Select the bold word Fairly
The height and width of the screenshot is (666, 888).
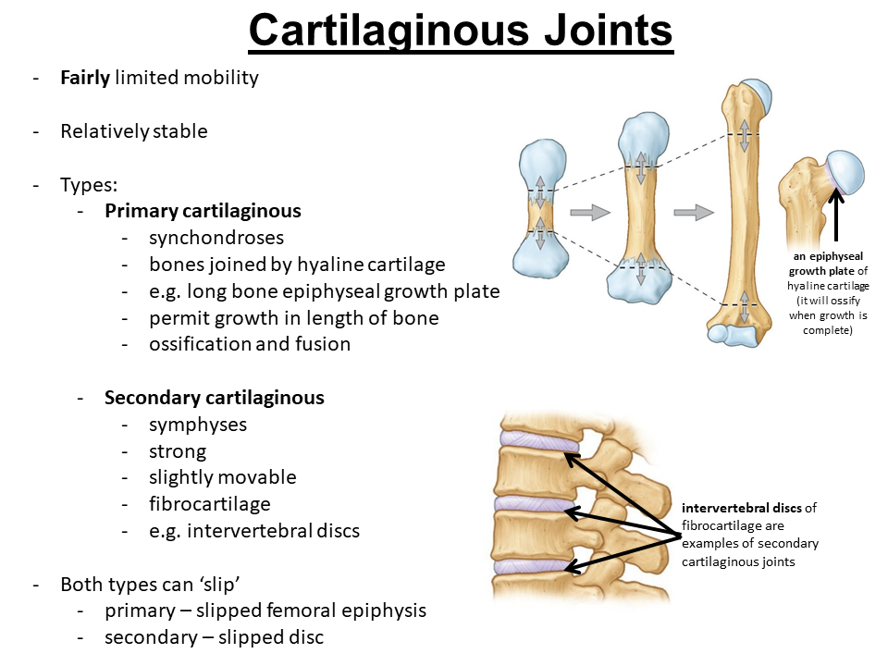(84, 78)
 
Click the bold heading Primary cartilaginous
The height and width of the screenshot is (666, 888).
(203, 211)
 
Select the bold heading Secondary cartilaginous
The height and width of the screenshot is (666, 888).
(215, 398)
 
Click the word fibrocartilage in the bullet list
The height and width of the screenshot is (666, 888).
(210, 504)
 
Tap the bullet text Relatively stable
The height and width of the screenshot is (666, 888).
(134, 131)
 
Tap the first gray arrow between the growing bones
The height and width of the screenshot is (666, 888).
(589, 213)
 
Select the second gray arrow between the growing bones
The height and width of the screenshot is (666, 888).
(694, 213)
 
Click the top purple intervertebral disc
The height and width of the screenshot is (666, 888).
(537, 443)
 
